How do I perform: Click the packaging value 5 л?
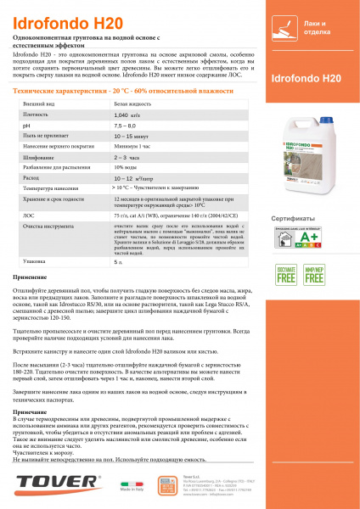(x=118, y=262)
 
